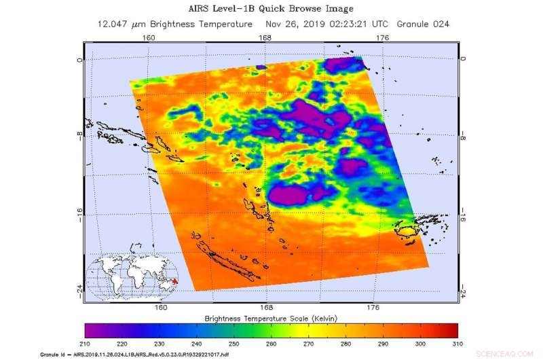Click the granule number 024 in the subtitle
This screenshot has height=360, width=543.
(x=441, y=24)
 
